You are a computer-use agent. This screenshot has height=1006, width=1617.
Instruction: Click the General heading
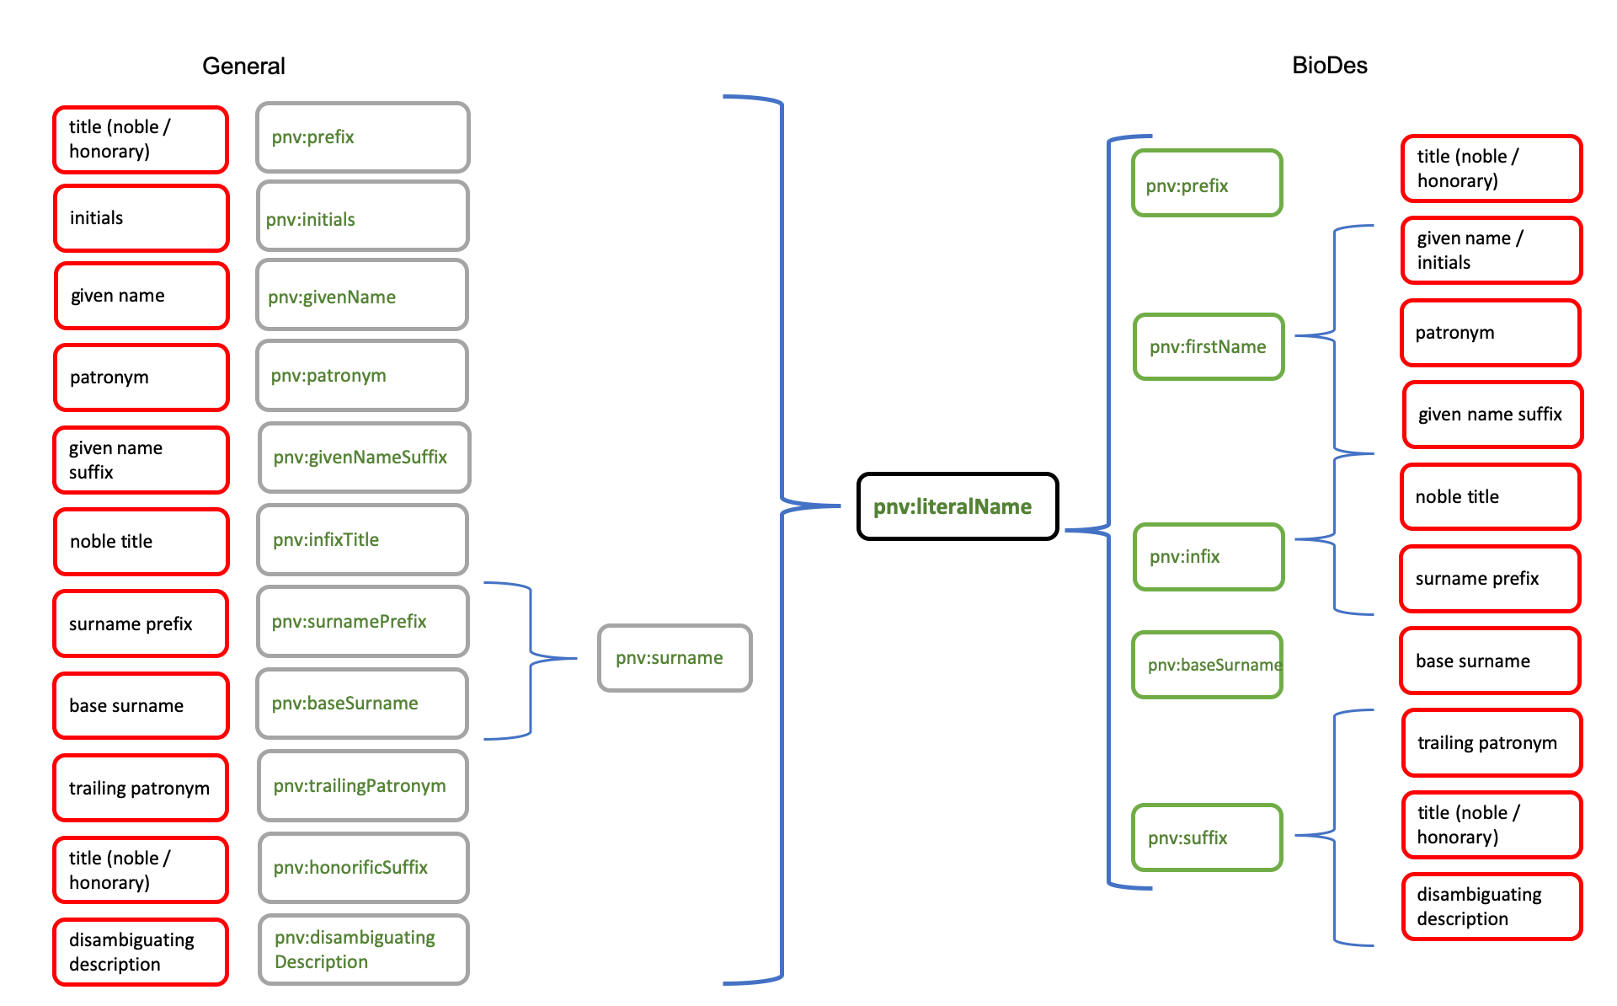tap(243, 66)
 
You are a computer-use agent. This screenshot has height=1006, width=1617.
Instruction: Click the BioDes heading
tap(1329, 65)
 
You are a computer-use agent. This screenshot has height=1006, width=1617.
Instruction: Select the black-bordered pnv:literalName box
tap(958, 506)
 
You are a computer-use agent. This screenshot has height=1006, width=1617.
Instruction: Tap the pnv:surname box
tap(674, 658)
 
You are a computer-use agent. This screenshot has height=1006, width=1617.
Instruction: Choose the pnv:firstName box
tap(1209, 346)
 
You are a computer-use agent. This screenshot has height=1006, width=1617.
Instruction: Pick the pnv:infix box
tap(1209, 556)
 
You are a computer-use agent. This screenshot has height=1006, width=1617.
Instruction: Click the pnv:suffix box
tap(1207, 837)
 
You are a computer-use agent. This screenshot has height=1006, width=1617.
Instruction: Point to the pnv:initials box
tap(362, 217)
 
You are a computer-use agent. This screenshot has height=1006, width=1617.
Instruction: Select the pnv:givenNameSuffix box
tap(364, 458)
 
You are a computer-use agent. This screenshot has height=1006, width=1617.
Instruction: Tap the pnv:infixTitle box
tap(362, 539)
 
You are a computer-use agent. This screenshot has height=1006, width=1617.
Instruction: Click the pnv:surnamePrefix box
tap(362, 621)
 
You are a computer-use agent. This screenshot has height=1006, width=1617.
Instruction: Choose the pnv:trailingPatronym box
tap(362, 785)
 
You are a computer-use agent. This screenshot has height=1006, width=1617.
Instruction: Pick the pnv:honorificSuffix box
tap(362, 867)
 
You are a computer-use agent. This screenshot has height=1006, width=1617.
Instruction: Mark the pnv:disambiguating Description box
tap(363, 950)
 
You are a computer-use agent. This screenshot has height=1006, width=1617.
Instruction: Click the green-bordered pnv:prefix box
tap(1207, 184)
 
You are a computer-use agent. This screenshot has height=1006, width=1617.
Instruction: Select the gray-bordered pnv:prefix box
tap(362, 137)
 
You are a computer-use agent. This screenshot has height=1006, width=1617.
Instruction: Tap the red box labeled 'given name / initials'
tap(1491, 250)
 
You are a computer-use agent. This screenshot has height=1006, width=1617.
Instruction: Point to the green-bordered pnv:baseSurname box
tap(1207, 665)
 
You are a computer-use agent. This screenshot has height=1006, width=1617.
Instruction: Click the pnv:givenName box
tap(362, 295)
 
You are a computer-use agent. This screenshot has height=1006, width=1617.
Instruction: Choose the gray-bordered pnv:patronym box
tap(362, 376)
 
